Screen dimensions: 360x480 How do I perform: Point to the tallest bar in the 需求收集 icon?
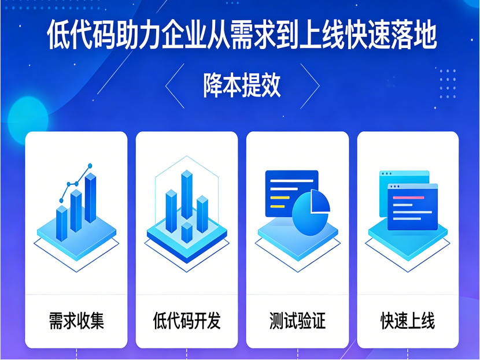tap(90, 198)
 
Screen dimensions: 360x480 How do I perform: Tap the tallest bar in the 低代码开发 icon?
tap(186, 194)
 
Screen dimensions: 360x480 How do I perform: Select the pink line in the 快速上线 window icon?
tap(408, 198)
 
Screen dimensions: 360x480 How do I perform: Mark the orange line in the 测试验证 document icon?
tap(279, 198)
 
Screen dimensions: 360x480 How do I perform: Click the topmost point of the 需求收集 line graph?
tap(90, 166)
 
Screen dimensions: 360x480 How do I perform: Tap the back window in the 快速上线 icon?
tap(404, 177)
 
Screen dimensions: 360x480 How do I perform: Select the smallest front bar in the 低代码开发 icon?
tap(186, 233)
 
